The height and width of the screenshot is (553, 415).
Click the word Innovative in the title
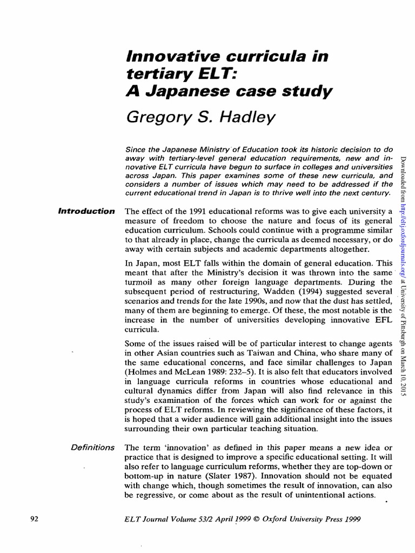[162, 56]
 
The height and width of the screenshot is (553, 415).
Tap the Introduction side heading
[86, 211]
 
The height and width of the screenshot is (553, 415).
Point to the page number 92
[33, 519]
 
